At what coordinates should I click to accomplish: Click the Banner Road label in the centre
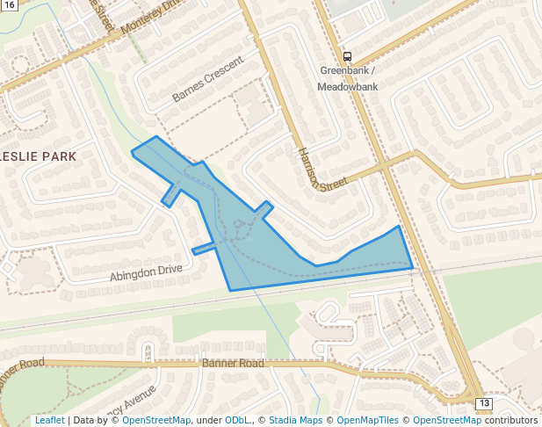tap(233, 363)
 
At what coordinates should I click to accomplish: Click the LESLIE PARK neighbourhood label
tap(40, 156)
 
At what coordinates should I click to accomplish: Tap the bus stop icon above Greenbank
tap(348, 56)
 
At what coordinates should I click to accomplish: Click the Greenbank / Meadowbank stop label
tap(348, 78)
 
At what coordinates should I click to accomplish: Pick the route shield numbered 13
tap(484, 403)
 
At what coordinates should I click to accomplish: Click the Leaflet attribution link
tap(49, 421)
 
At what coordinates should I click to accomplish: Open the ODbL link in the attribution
tap(237, 421)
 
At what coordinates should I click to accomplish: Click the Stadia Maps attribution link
tap(298, 421)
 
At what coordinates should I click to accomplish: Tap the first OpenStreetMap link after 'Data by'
tap(156, 421)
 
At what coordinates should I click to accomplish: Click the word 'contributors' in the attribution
tap(511, 421)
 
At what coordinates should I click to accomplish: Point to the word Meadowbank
tap(348, 87)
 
